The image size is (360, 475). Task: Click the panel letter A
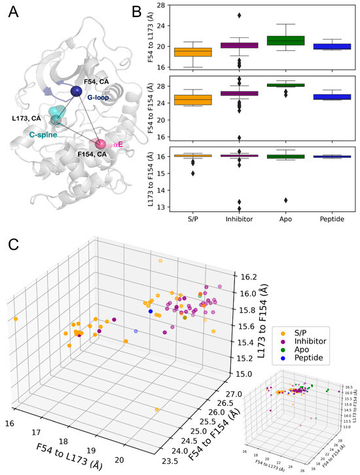(x=13, y=10)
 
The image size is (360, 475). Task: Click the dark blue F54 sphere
(x=77, y=91)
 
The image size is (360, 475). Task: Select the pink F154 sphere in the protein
(x=101, y=143)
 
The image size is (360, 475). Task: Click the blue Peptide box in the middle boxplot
(x=331, y=96)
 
